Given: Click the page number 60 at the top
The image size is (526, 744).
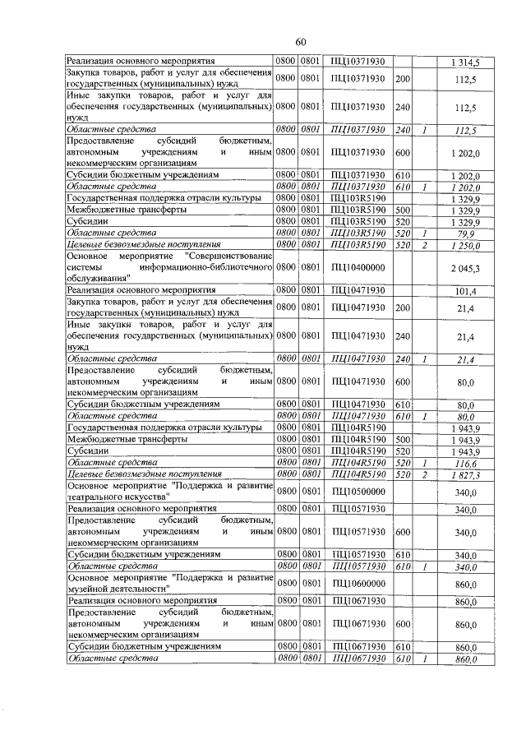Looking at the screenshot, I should [301, 43].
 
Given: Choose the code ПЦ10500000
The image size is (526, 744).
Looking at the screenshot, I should [358, 492].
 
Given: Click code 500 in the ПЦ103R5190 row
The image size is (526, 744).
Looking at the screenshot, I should [402, 210].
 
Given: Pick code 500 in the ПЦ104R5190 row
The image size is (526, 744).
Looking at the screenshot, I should [402, 440].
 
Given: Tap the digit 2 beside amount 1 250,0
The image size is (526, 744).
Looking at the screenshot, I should [424, 245].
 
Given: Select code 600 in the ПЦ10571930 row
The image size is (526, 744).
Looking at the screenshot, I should [402, 532].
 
